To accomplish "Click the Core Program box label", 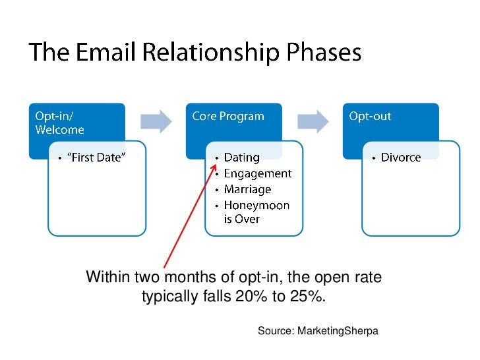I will click(227, 116).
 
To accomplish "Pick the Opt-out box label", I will click(370, 116).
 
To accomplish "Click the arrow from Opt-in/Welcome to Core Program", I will click(156, 121).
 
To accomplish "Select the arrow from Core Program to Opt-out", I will click(313, 121).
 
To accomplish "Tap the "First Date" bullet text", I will click(95, 158).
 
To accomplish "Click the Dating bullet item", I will click(241, 158).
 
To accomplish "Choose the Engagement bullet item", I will click(257, 173).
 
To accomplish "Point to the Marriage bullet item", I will click(247, 189).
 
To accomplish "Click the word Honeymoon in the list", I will click(256, 205).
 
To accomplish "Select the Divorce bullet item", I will click(400, 158).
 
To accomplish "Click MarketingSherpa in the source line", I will click(338, 330).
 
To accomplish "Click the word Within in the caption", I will click(107, 278).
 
